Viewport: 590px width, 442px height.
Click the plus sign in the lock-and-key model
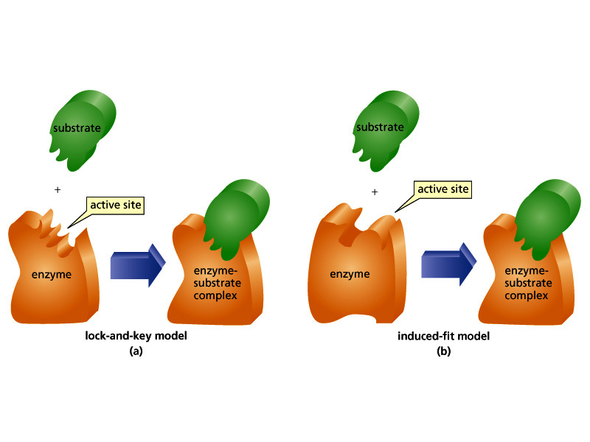[57, 190]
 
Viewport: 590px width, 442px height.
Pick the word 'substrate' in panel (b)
[380, 127]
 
